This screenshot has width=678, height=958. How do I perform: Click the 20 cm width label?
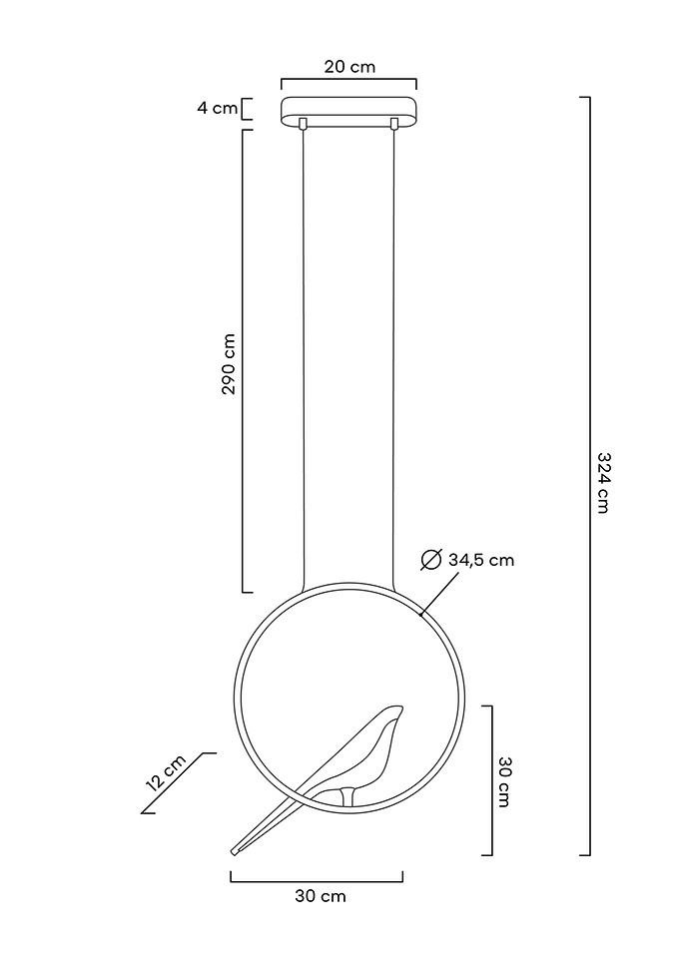(x=349, y=66)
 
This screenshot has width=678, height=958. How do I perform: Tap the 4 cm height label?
(x=217, y=109)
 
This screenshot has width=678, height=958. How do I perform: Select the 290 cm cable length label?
(x=229, y=364)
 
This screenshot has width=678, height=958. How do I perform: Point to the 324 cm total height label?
(x=603, y=483)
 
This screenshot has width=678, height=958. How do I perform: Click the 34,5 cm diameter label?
(x=481, y=560)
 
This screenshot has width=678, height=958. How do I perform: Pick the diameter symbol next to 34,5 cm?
(x=431, y=560)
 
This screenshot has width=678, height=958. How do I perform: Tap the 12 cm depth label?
(x=167, y=772)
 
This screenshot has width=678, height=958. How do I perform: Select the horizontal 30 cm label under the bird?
(x=321, y=897)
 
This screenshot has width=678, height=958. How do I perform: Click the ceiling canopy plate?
(x=348, y=111)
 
